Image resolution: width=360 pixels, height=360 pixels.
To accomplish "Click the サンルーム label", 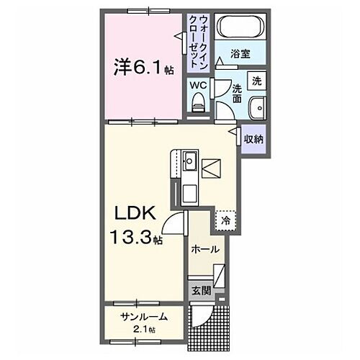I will coord(143,317).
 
